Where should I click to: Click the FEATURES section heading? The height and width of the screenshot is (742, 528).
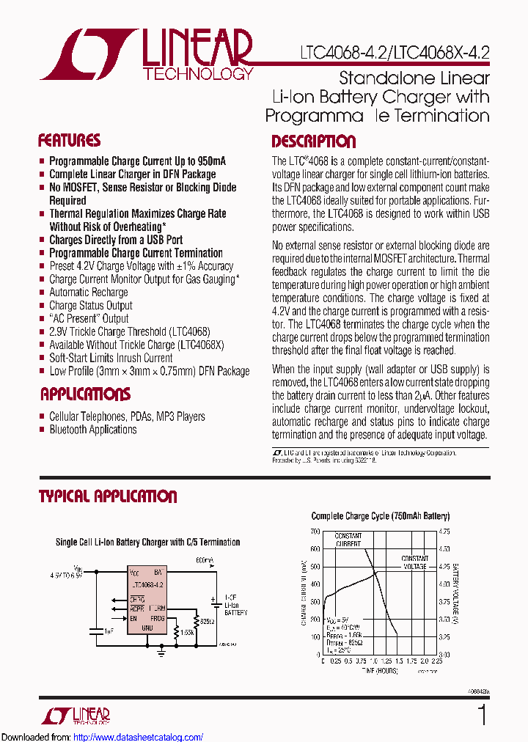tap(69, 141)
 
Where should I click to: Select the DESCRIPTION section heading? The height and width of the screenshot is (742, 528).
tap(313, 142)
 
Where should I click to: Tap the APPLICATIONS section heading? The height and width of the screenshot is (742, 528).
tap(85, 394)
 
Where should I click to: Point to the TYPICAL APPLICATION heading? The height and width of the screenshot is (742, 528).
tap(108, 496)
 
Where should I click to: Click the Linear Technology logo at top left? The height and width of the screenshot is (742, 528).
tap(147, 55)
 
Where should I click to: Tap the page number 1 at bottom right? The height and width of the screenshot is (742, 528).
tap(482, 715)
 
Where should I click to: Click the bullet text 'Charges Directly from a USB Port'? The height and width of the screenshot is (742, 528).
tap(116, 240)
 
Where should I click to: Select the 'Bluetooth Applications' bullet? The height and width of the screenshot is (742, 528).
tap(92, 430)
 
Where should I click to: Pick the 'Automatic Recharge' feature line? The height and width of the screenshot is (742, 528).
tap(88, 293)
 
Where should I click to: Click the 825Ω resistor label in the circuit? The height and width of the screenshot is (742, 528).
tap(207, 621)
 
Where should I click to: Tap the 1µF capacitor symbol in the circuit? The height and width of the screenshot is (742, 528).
tap(95, 629)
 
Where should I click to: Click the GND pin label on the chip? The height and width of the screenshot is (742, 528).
tap(147, 628)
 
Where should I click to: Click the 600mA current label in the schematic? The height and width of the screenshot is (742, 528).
tap(205, 561)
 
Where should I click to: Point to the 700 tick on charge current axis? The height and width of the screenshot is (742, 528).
tap(315, 531)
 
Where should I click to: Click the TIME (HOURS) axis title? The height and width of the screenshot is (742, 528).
tap(376, 670)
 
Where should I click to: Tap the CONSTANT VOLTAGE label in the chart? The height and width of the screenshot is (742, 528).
tap(414, 562)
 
